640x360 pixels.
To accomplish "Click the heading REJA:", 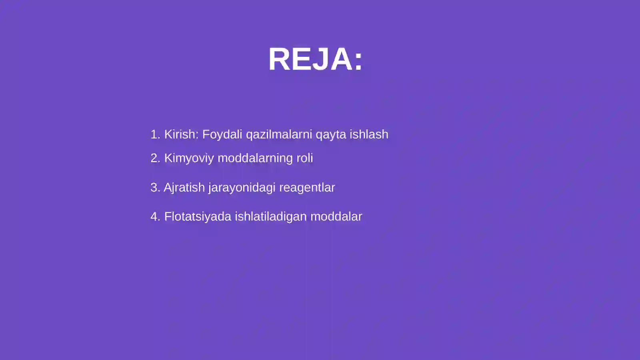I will pyautogui.click(x=315, y=59).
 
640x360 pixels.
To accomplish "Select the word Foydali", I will pyautogui.click(x=222, y=134).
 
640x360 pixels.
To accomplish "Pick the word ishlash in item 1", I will pyautogui.click(x=369, y=134).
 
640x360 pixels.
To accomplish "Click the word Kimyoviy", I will pyautogui.click(x=189, y=158).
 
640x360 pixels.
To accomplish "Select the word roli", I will pyautogui.click(x=304, y=158).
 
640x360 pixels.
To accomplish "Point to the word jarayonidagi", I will pyautogui.click(x=242, y=188).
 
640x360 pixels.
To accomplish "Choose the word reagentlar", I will pyautogui.click(x=307, y=188).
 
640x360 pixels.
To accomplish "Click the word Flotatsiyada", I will pyautogui.click(x=198, y=216).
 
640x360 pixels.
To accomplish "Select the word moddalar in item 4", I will pyautogui.click(x=336, y=216).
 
